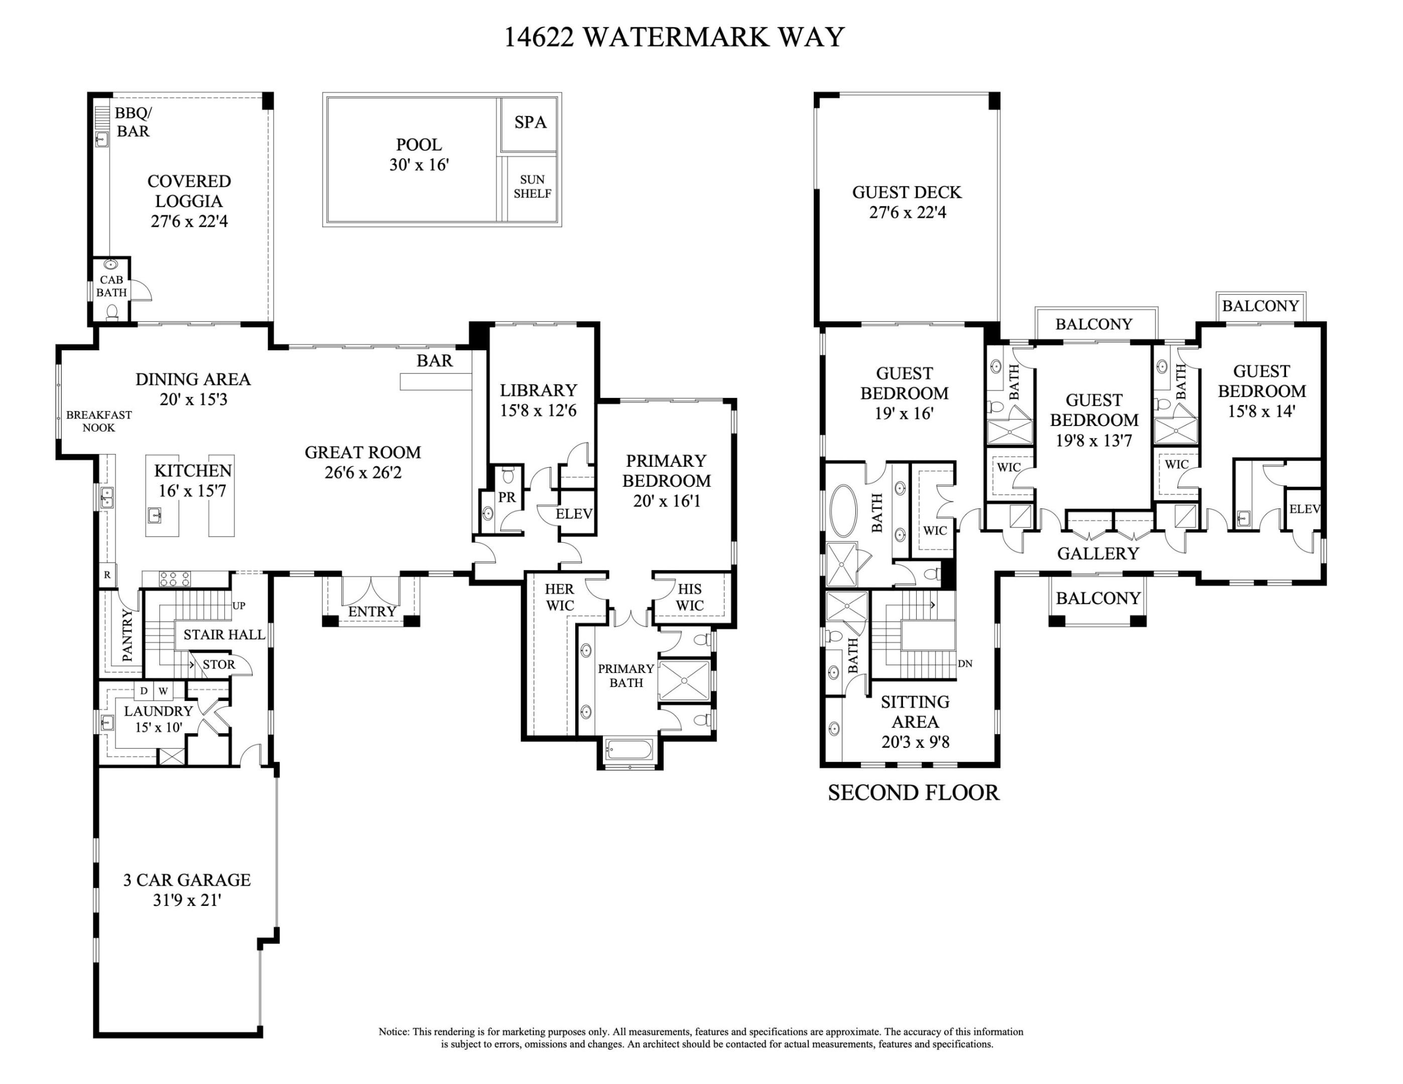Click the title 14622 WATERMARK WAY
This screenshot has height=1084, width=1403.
[674, 37]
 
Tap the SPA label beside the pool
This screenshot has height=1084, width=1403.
[530, 122]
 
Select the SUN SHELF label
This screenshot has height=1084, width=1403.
[532, 187]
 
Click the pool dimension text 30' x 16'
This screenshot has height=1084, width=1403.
[419, 165]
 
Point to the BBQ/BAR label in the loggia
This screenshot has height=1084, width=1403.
[133, 122]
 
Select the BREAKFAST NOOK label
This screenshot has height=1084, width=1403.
[99, 421]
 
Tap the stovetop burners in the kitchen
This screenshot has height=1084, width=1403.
[175, 579]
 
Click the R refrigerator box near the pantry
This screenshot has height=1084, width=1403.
[107, 575]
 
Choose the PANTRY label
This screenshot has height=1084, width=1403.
[127, 635]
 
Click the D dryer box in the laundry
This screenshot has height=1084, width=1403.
[144, 691]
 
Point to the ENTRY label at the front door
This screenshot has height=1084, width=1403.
[372, 611]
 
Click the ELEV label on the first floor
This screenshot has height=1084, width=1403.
[574, 514]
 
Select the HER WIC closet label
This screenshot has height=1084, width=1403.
[560, 597]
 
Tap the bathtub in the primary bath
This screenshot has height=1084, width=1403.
[629, 749]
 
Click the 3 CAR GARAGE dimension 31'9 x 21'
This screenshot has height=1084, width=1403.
[187, 900]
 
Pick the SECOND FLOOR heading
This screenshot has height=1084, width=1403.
[913, 792]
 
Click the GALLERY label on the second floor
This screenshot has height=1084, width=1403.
[1098, 553]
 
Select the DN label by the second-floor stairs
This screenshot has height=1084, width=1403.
[965, 663]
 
